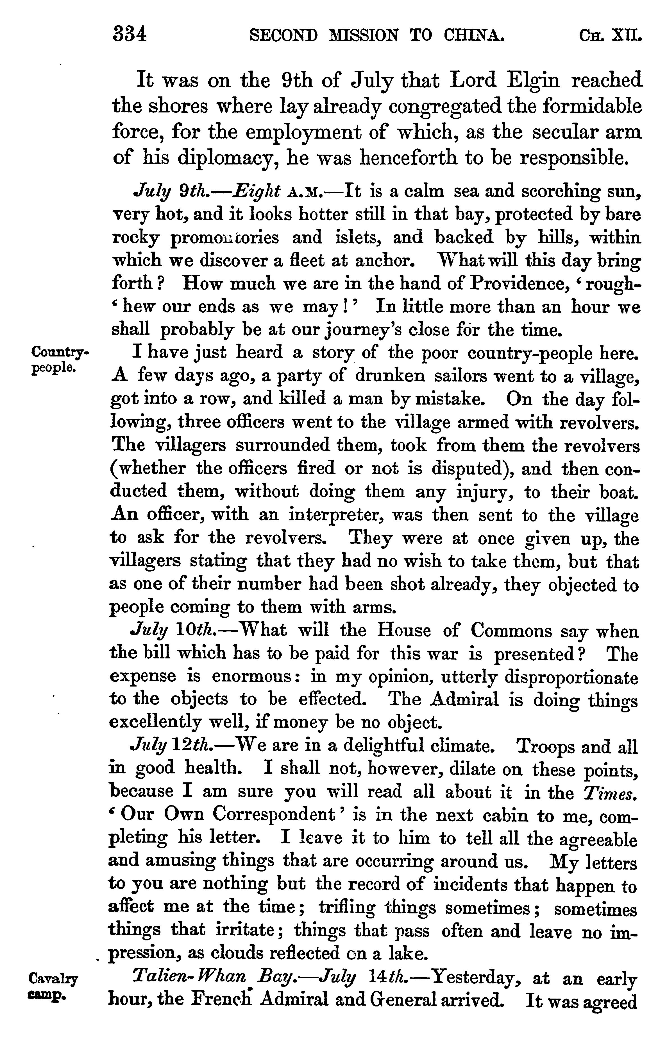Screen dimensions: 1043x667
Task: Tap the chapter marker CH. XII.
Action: click(610, 35)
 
